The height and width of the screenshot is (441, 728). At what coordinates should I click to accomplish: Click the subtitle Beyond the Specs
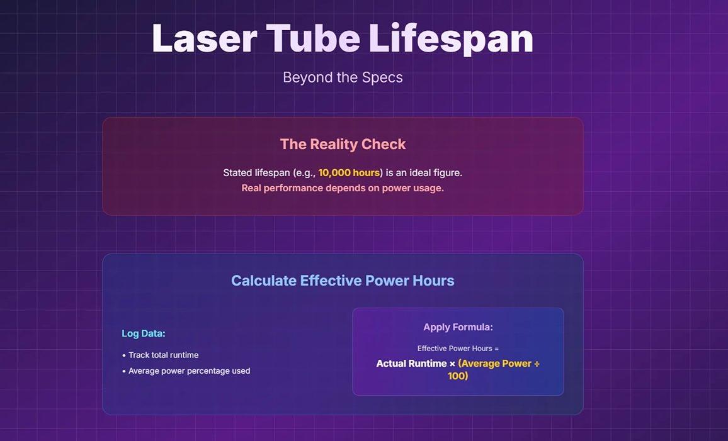[343, 77]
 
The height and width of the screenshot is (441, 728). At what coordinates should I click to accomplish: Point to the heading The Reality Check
[343, 144]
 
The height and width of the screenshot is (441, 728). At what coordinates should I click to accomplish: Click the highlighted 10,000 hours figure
[349, 172]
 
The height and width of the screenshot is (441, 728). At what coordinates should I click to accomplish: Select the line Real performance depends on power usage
[343, 188]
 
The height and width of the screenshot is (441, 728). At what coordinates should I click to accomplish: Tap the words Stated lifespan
[256, 172]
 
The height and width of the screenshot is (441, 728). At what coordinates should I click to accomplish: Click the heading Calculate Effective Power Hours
[343, 281]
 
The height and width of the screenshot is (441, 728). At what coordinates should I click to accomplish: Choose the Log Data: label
[144, 333]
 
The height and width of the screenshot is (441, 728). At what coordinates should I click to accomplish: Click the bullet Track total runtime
[163, 355]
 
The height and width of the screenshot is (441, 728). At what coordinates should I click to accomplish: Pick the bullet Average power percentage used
[189, 371]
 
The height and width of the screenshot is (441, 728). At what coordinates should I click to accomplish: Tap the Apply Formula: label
[458, 327]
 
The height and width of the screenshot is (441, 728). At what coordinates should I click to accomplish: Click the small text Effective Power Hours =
[458, 349]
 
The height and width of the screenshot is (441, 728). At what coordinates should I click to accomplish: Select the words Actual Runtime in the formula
[411, 364]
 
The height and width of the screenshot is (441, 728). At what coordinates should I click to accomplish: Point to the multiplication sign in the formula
[452, 364]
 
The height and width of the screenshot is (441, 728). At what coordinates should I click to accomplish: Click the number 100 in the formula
[456, 376]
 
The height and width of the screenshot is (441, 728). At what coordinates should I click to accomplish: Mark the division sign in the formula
[537, 364]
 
